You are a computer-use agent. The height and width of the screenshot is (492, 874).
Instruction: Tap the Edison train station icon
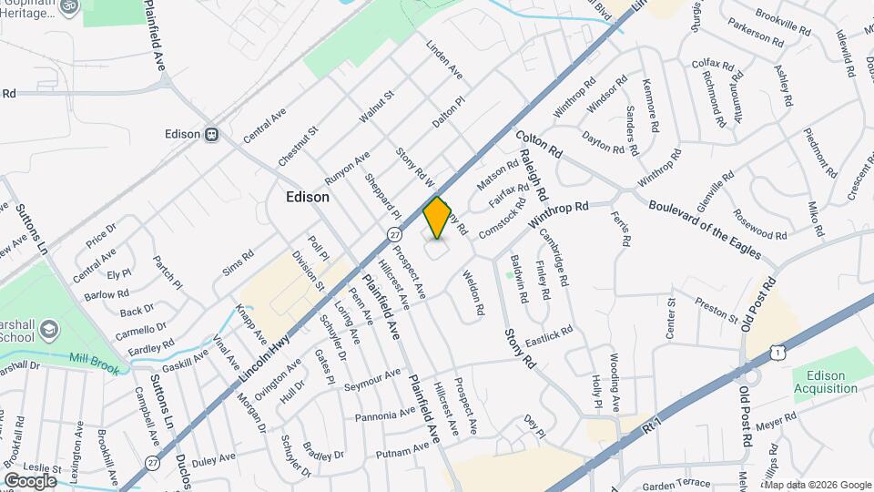pos(211,134)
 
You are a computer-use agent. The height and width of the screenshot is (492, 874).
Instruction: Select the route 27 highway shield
pos(393,234)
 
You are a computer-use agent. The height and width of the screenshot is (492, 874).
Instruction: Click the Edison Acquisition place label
pos(825,382)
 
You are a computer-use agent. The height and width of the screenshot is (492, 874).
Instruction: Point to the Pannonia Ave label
pos(386,416)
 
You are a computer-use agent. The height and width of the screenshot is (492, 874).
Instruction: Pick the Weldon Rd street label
pos(473,292)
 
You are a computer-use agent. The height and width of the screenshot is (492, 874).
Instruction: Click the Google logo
pos(29,480)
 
